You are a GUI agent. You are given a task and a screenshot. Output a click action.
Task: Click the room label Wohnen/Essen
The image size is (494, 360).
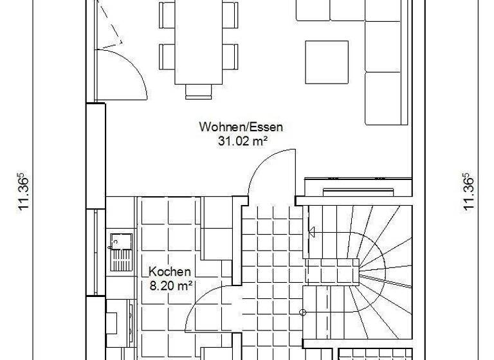[x=241, y=127]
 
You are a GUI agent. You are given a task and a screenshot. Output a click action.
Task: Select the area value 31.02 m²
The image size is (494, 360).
[x=241, y=141]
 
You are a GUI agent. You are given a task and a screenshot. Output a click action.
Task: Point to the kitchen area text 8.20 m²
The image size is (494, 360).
[x=172, y=285]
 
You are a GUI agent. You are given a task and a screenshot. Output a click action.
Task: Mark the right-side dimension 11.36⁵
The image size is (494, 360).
[x=468, y=190]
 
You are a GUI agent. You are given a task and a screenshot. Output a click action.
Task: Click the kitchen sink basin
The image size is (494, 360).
[x=120, y=242]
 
